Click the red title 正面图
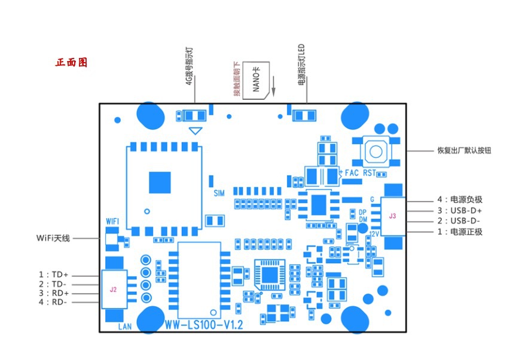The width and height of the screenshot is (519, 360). [72, 62]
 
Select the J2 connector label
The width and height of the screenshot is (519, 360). [113, 289]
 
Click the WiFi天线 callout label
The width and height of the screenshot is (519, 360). [53, 238]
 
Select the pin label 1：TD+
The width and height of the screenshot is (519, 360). [54, 274]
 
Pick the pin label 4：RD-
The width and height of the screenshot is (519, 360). [54, 303]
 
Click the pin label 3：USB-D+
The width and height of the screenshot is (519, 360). [459, 210]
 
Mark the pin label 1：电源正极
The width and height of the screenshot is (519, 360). [459, 232]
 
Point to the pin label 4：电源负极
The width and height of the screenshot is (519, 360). [459, 200]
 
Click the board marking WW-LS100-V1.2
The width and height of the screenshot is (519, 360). [204, 325]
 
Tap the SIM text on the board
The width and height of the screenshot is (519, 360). [219, 193]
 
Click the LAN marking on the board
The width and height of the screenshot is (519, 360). [124, 327]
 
